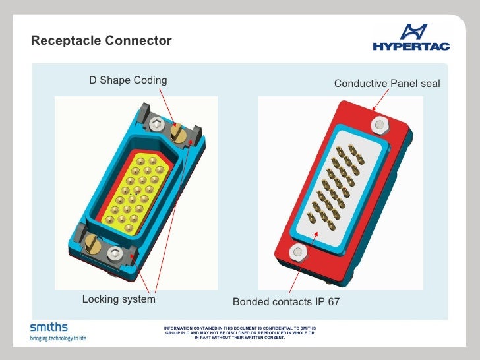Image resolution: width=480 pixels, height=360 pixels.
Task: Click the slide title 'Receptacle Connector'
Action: (x=101, y=41)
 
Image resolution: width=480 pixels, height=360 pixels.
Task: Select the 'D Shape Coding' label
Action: (x=128, y=80)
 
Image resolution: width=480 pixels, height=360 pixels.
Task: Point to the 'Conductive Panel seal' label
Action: (x=386, y=84)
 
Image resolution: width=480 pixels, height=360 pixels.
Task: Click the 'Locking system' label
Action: (x=119, y=299)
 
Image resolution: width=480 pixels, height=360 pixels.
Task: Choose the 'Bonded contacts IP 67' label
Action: (x=285, y=302)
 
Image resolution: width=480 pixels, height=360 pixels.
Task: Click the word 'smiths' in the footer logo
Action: (x=49, y=327)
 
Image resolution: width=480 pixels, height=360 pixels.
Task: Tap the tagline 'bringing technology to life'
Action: (x=58, y=338)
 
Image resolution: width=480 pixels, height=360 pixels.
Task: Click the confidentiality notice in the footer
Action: (x=239, y=333)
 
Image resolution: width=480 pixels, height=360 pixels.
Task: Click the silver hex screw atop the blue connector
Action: (x=156, y=123)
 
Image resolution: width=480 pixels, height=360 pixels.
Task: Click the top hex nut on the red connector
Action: (x=380, y=124)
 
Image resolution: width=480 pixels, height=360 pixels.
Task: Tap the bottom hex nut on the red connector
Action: (x=297, y=251)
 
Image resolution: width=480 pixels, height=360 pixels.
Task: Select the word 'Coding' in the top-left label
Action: (x=150, y=80)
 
